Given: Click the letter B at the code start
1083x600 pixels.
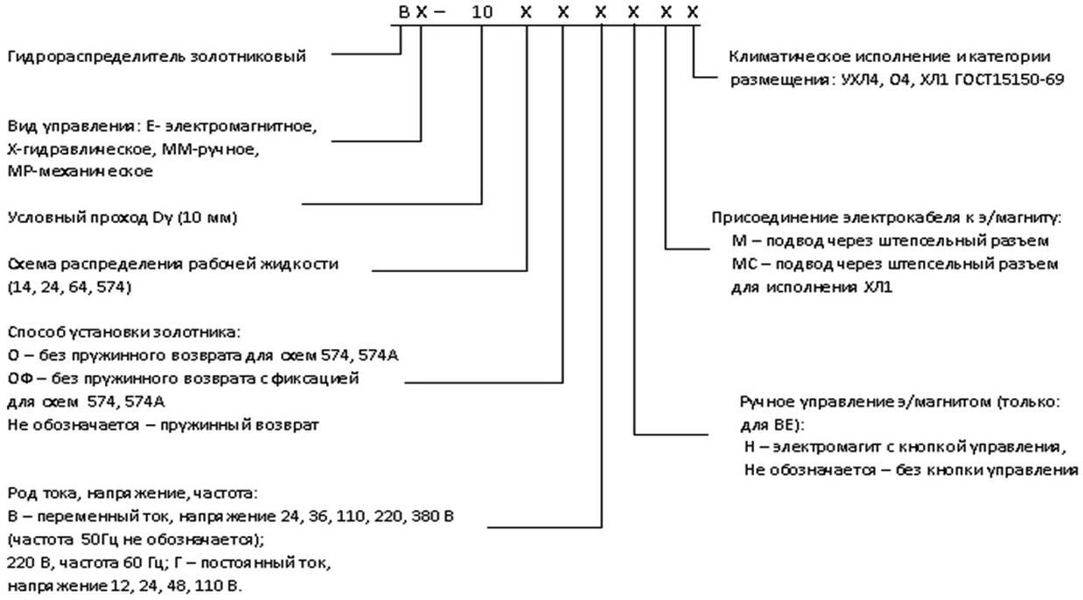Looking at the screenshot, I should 402,13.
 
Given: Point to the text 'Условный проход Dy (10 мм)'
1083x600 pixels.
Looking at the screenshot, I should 122,218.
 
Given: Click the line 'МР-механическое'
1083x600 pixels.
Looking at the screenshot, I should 80,171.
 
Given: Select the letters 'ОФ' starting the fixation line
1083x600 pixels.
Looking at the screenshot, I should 20,378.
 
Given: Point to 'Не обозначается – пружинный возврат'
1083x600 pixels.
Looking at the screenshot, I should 164,424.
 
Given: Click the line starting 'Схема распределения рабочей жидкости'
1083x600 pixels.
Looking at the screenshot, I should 173,263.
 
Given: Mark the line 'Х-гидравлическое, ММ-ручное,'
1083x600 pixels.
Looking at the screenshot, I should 133,149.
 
